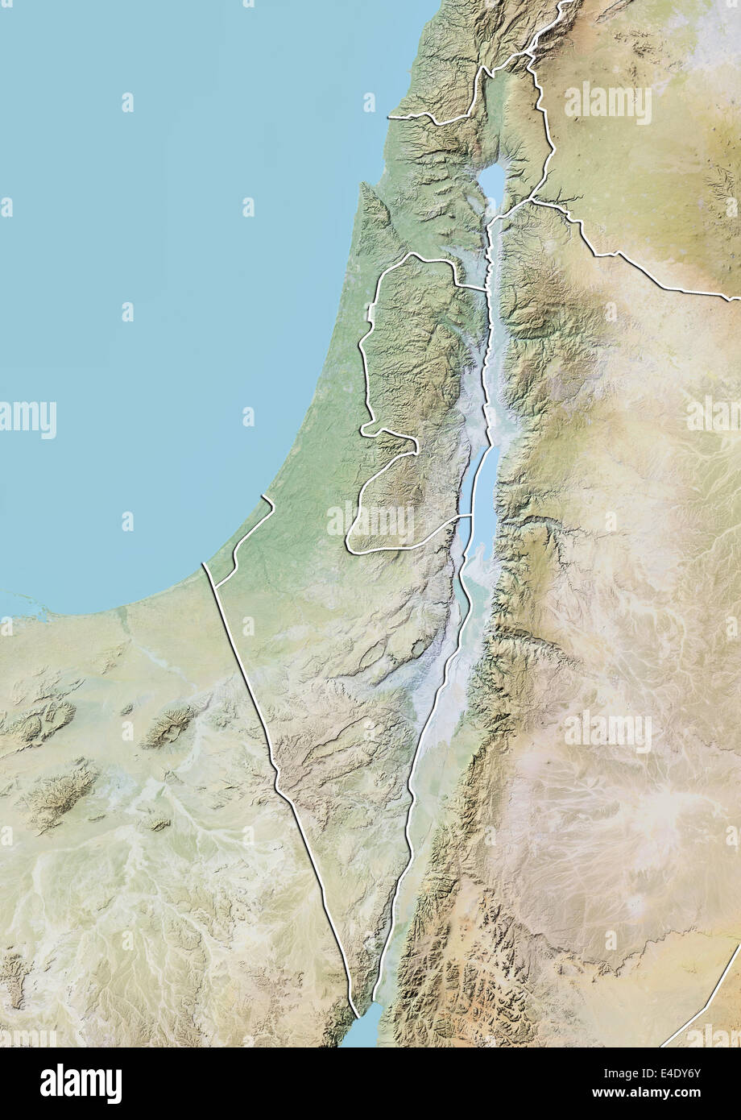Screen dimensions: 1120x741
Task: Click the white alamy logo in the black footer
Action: click(x=81, y=1083)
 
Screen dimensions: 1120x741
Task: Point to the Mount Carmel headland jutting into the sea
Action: click(x=364, y=190)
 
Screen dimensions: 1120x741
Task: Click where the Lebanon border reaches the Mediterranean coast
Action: click(x=390, y=118)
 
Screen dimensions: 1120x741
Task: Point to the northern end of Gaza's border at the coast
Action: click(x=263, y=498)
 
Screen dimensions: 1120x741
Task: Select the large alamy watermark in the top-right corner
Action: click(x=608, y=102)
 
